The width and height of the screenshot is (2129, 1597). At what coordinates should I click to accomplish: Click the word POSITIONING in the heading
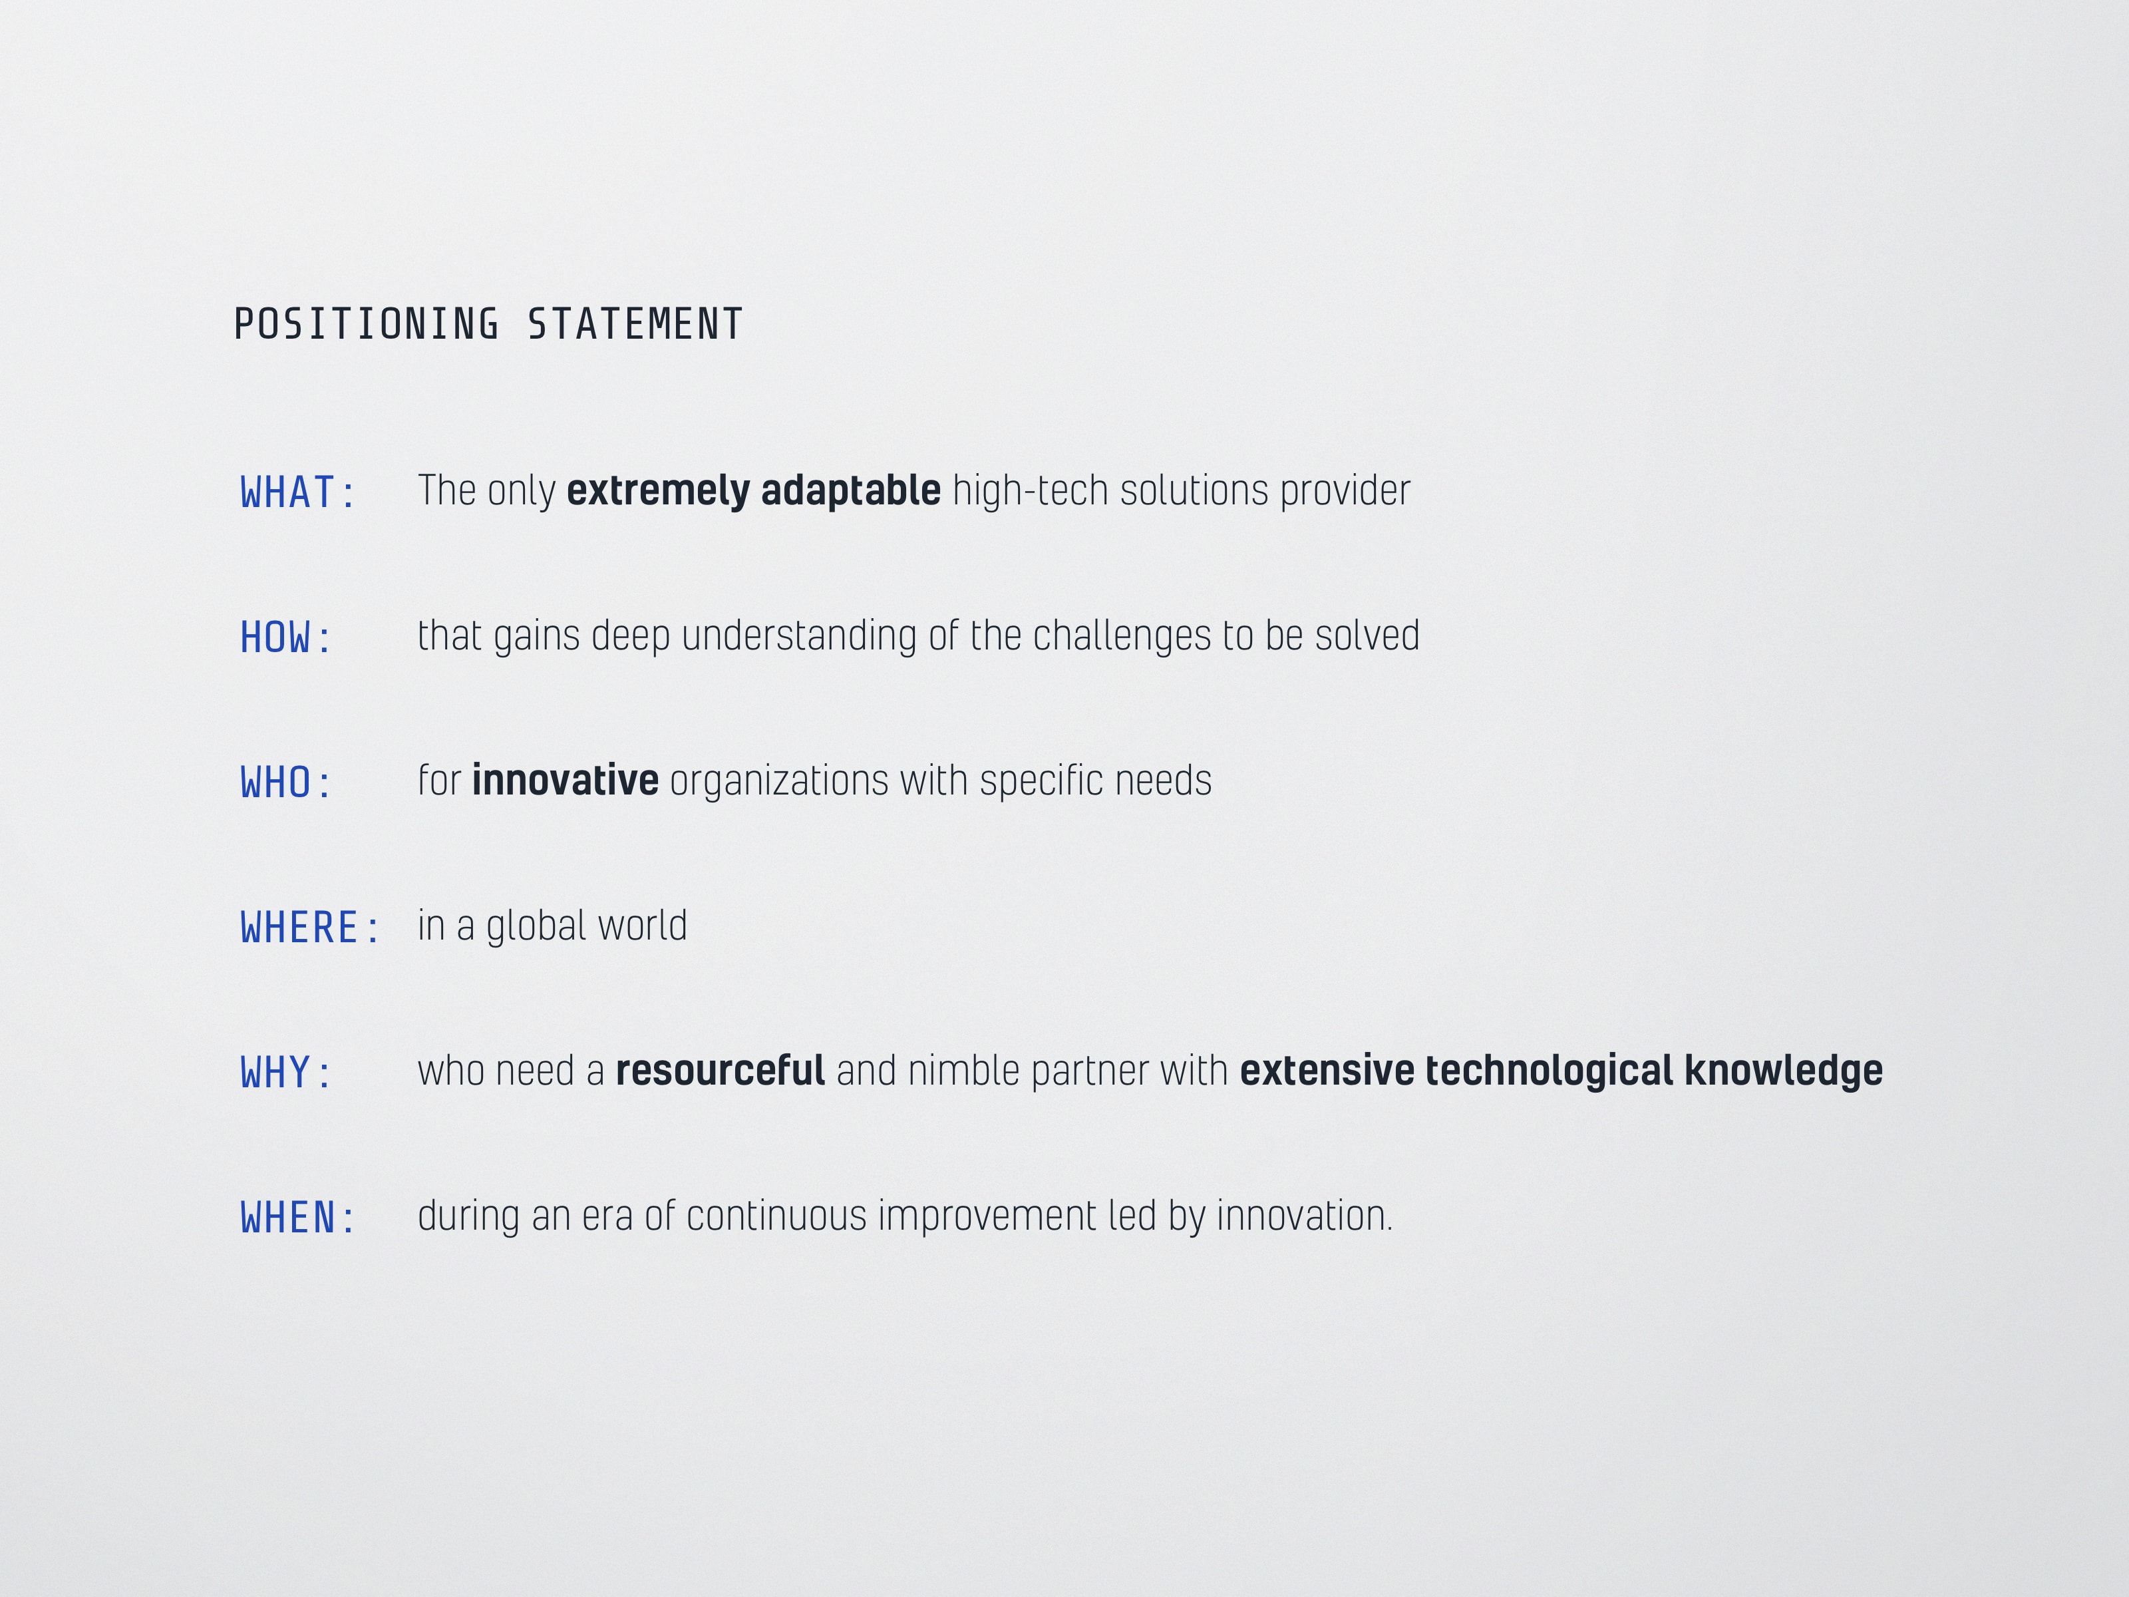367,325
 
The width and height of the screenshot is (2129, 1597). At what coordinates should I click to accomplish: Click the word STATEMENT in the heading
635,325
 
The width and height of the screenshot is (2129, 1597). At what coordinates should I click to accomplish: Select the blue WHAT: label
297,493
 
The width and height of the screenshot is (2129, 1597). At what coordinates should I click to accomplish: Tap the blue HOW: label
285,638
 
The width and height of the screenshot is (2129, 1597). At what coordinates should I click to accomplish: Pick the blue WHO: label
285,783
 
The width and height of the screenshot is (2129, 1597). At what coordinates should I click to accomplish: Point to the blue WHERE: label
309,928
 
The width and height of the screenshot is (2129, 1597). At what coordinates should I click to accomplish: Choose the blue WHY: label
285,1073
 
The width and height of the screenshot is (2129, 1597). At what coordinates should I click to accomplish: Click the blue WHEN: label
297,1218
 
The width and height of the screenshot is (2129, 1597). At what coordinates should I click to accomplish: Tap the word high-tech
1031,491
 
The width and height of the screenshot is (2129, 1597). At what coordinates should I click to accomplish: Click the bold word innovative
565,781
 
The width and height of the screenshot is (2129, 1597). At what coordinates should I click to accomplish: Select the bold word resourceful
720,1071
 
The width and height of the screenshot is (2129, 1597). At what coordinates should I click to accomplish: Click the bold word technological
1550,1071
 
